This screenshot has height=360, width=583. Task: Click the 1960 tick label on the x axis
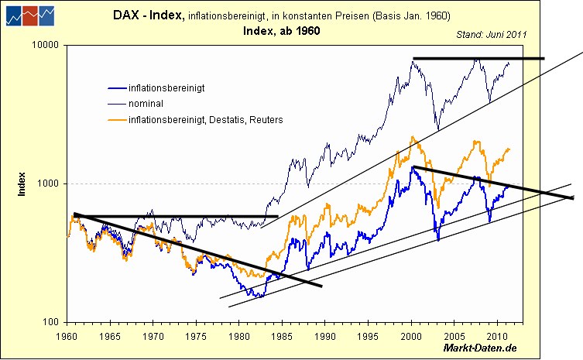67,337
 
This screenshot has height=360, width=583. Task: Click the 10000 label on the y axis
46,46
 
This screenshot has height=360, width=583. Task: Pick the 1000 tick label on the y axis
49,184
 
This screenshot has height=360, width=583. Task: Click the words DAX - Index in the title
148,15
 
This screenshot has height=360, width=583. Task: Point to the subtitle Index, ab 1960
281,31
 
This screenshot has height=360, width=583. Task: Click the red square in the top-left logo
29,15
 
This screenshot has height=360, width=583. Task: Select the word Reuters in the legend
266,119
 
